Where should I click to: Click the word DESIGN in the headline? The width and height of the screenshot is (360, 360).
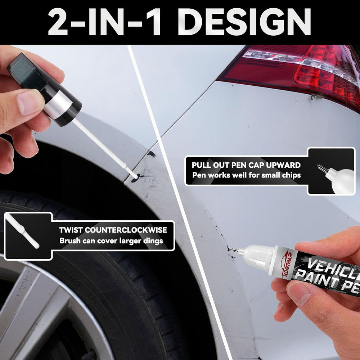click(x=249, y=22)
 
